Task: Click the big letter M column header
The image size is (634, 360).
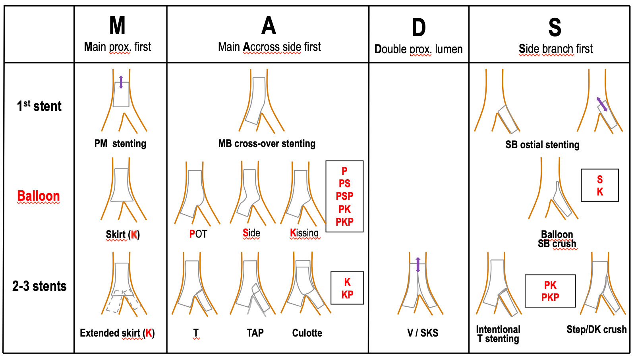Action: click(118, 26)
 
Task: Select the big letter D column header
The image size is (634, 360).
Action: click(419, 28)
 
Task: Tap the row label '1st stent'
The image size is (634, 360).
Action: click(39, 106)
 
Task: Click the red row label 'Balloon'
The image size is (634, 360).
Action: click(38, 196)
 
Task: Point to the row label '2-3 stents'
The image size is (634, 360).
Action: click(39, 286)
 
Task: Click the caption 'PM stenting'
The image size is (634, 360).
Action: click(120, 143)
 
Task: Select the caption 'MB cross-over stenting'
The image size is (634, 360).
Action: click(267, 143)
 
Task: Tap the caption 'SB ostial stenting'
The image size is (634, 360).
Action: click(542, 145)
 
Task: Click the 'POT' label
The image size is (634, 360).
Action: click(198, 234)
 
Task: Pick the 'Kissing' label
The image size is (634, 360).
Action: click(304, 233)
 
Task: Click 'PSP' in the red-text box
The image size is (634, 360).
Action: click(344, 196)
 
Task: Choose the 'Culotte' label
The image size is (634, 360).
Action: click(307, 333)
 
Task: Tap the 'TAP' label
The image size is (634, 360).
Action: click(255, 333)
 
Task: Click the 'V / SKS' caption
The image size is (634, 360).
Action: click(423, 333)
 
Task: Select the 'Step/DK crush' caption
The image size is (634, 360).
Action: click(596, 329)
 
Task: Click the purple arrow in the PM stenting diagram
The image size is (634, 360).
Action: click(121, 82)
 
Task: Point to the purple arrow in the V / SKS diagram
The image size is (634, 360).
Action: click(418, 265)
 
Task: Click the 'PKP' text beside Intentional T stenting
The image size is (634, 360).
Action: click(550, 297)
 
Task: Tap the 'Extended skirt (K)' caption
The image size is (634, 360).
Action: click(117, 333)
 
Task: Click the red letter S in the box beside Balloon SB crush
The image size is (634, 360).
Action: click(600, 180)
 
